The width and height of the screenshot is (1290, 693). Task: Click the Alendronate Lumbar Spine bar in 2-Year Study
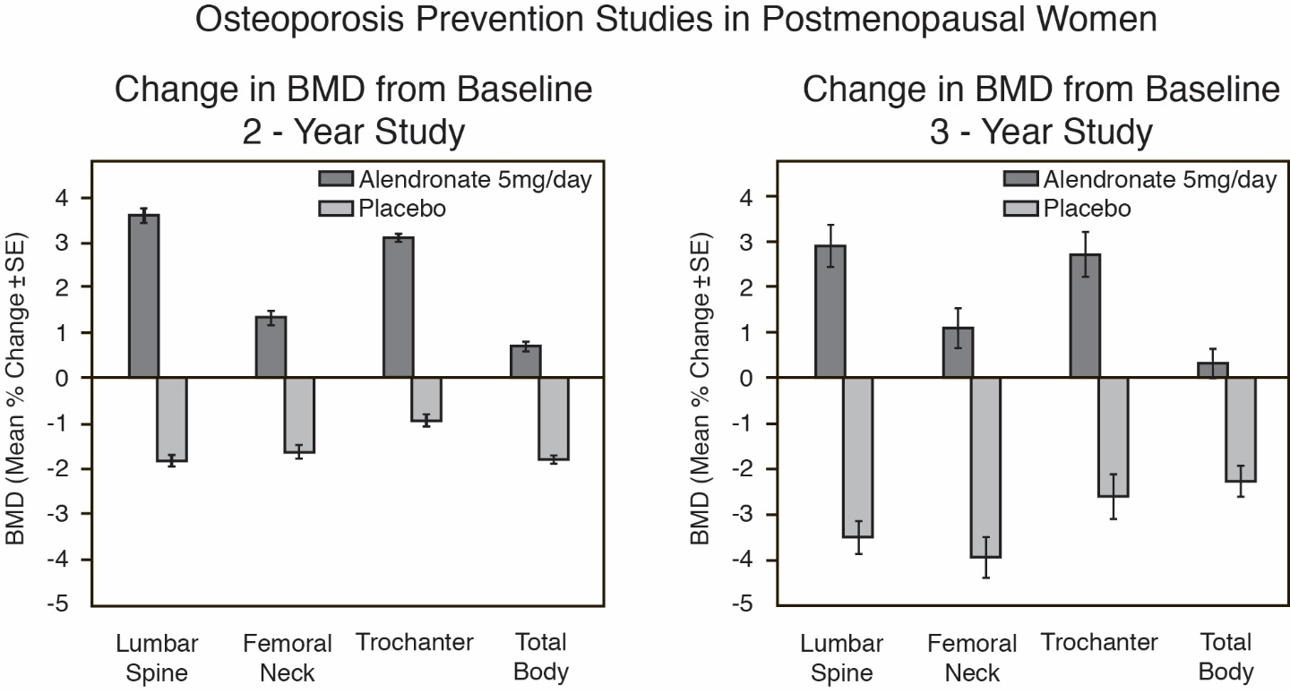point(143,296)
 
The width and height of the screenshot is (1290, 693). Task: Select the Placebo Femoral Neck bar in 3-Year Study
point(986,467)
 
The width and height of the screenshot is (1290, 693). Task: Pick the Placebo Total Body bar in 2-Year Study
point(554,418)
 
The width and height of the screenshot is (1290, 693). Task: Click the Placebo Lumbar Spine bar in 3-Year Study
point(858,457)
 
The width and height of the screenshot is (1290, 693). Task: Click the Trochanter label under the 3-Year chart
point(1099,643)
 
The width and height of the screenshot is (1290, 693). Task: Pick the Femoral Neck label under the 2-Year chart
point(288,658)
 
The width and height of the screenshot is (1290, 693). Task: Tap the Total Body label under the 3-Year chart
point(1226,657)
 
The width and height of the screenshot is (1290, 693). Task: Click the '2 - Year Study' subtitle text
point(354,133)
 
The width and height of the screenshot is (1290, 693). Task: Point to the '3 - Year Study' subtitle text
point(1040,133)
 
